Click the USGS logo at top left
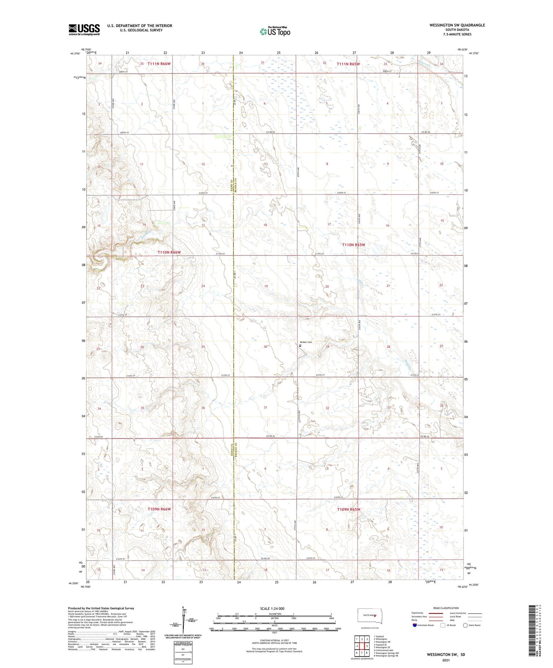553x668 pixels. (84, 29)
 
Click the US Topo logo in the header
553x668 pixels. (274, 31)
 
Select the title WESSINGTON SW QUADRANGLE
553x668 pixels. (457, 25)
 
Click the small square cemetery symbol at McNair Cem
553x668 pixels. (300, 345)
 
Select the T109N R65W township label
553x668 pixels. (349, 510)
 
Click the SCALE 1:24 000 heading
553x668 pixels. (272, 609)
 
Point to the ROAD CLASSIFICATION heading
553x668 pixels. (446, 608)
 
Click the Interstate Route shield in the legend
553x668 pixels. (415, 625)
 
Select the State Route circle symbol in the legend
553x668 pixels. (465, 625)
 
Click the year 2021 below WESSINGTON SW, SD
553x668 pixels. (445, 660)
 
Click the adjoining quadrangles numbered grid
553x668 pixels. (362, 646)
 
